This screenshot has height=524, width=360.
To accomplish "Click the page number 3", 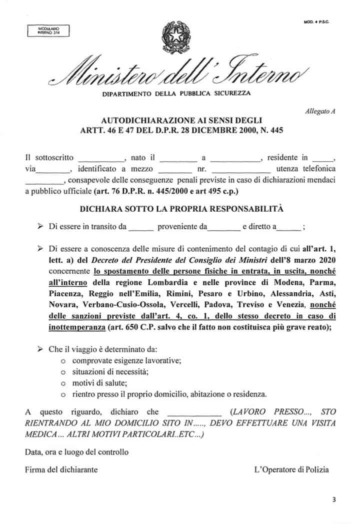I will click(x=333, y=499).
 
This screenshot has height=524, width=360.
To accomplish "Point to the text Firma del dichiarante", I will click(x=61, y=469).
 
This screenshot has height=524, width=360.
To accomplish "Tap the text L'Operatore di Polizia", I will click(x=291, y=469).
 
